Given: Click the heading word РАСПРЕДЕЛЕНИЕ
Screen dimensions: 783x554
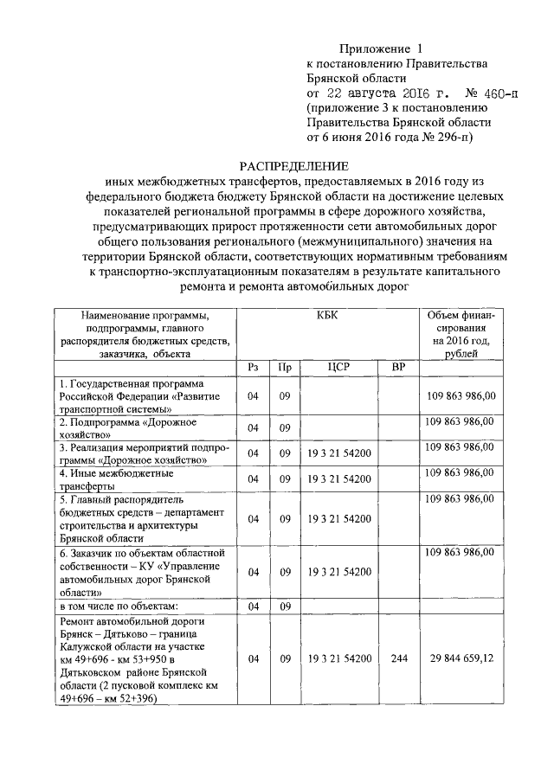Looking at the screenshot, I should pos(293,165).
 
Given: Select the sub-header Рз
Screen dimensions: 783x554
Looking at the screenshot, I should pos(253,368).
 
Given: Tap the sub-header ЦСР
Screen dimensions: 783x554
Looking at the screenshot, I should pos(338,368).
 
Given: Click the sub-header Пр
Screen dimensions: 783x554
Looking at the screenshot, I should pos(284,368).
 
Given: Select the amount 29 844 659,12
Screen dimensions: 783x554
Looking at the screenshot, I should pos(461,658).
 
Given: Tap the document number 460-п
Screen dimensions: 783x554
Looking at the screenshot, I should pos(489,93).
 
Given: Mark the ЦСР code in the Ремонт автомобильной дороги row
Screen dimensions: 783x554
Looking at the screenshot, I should pos(338,658).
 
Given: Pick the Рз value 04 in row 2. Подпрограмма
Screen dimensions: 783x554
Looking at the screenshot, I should pos(253,428).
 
